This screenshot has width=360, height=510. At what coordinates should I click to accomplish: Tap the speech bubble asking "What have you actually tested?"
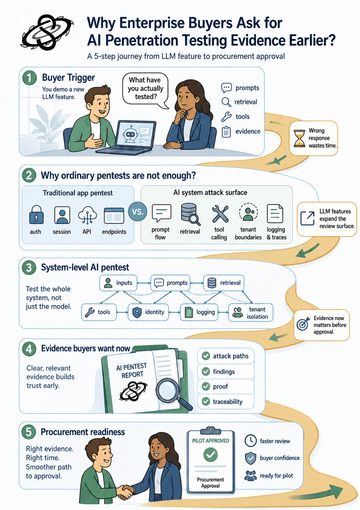145,90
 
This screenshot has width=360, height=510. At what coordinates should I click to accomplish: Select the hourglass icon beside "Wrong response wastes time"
299,138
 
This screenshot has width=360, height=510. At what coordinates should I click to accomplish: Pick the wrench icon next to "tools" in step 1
226,117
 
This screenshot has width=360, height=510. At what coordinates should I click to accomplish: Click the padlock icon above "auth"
36,215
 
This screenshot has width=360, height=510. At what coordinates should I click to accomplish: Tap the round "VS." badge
137,212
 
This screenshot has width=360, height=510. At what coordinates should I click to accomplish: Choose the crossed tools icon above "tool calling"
220,214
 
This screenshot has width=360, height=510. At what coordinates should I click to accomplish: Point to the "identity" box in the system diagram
148,312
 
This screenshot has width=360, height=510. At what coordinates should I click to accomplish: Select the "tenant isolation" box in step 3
251,313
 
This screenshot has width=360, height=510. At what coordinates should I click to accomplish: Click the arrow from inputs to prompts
144,283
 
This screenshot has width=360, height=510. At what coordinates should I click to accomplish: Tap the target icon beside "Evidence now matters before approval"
303,324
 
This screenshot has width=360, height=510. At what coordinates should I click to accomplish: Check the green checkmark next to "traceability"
206,401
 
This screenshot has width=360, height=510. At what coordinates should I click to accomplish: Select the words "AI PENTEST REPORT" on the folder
132,371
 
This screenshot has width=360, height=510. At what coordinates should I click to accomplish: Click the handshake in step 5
125,492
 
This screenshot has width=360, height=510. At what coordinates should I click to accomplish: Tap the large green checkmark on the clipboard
210,455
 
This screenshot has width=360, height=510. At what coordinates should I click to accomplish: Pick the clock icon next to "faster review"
251,441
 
